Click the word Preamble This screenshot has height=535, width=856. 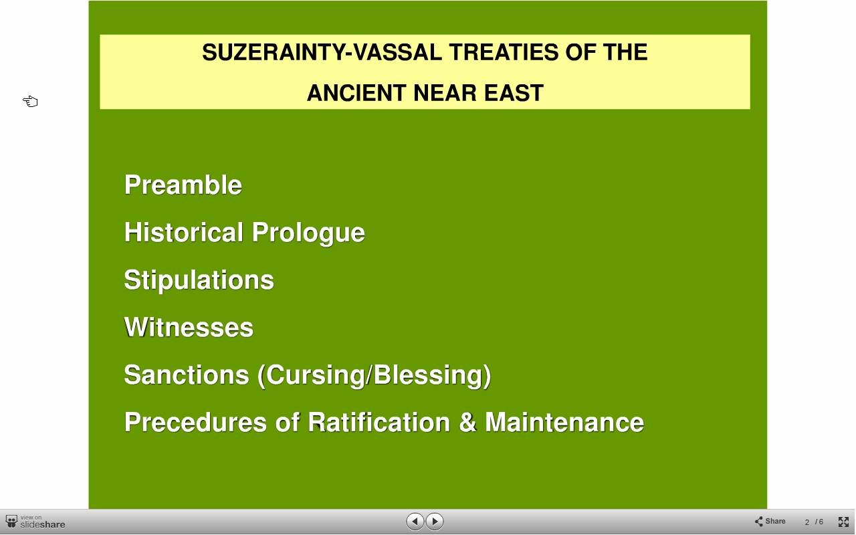183,185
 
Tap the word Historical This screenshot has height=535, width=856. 184,232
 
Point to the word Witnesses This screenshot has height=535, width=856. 189,327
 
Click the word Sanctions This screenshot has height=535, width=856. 187,374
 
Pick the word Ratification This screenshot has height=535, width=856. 379,422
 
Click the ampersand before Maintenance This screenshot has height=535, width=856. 467,422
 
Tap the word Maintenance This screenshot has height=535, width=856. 564,422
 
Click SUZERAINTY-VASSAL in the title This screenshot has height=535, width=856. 322,52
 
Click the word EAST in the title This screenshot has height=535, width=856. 514,93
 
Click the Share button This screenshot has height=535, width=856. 770,521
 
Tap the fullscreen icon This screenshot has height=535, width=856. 843,522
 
